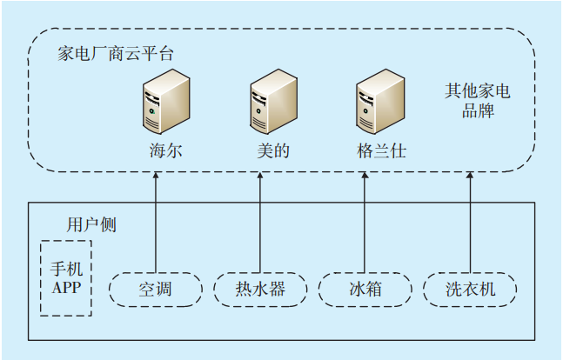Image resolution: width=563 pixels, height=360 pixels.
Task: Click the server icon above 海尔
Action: pos(165,101)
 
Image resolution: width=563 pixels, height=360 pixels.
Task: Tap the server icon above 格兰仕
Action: pos(381,101)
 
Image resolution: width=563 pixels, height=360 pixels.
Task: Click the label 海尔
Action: pos(165,150)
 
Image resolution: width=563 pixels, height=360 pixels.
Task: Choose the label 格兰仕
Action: pos(381,150)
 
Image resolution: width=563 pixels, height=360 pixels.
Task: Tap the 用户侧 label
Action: pos(91,225)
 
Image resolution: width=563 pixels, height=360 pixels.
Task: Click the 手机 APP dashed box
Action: pos(66,278)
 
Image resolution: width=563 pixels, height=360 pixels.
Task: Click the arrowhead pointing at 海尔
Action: pos(156,176)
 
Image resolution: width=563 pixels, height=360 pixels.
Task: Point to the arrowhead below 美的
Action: pos(260,176)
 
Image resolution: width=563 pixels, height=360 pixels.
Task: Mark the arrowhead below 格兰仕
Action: pos(365,176)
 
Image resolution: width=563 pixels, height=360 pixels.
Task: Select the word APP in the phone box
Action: pos(66,287)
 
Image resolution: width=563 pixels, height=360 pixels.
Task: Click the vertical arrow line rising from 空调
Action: pos(156,226)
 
